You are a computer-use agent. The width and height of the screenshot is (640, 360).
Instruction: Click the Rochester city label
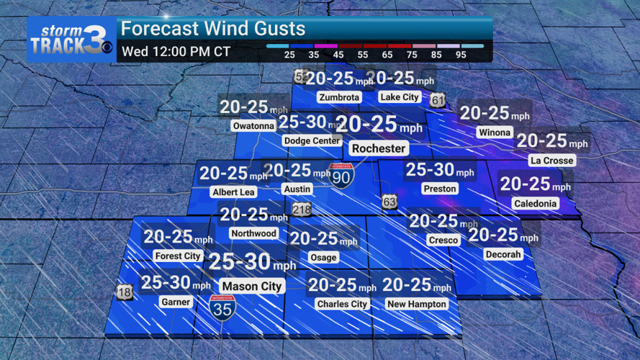coord(379,148)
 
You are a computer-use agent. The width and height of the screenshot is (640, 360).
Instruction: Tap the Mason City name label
coord(251,286)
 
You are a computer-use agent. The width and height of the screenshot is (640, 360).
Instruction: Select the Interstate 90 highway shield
coord(341,176)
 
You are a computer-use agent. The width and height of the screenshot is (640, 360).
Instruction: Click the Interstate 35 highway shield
coord(222,307)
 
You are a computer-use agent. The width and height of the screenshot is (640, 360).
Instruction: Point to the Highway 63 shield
coord(389,202)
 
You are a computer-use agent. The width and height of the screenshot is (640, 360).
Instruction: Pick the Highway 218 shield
coord(302,210)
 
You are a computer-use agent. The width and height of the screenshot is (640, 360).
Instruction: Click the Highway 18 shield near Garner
coord(125,292)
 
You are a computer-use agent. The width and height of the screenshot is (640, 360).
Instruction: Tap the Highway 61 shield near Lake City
coord(438,101)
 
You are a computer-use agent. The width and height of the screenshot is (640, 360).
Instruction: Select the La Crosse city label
coord(551,160)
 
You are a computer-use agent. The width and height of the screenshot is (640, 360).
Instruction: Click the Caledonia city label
coord(535,204)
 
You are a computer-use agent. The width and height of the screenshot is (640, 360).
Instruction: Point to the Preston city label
coord(440,189)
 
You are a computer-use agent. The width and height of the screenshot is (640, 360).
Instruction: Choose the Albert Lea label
coord(233,192)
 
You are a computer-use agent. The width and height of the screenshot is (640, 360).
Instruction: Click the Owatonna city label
coord(253,126)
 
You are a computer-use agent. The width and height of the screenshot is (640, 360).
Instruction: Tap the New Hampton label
coord(417,304)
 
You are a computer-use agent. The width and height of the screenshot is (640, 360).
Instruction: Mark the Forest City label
coord(177,256)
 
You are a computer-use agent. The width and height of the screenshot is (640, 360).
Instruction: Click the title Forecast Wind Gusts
coord(213,30)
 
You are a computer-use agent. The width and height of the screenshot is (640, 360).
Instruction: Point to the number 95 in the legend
coord(461,55)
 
